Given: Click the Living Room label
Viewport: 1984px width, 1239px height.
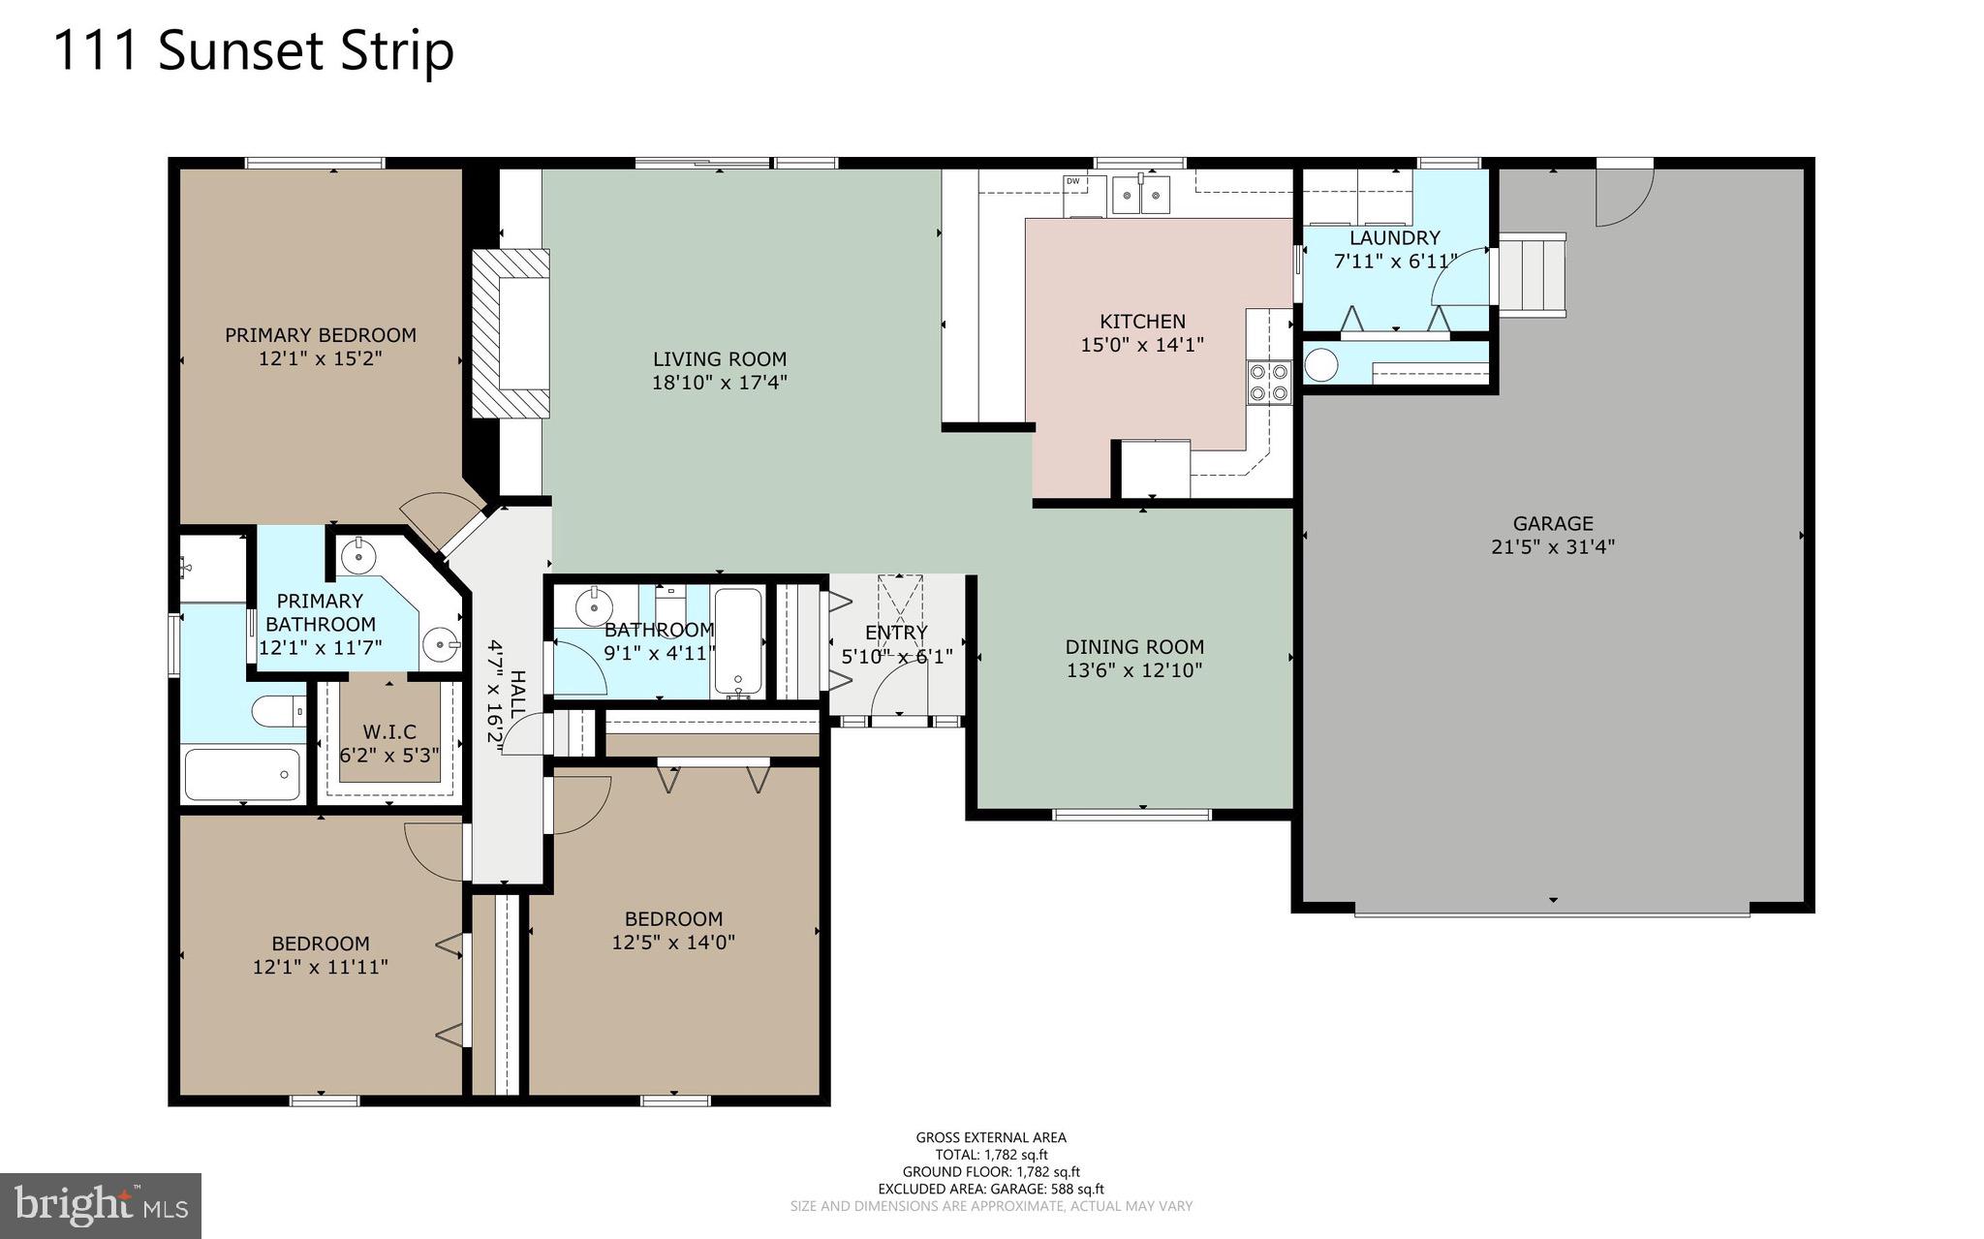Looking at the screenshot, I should point(719,359).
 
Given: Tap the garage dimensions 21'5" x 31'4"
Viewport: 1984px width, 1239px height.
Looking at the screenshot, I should point(1552,546).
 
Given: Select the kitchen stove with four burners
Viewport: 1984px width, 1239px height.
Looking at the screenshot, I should point(1269,381).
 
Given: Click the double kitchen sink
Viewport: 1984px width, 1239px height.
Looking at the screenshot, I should point(1140,195).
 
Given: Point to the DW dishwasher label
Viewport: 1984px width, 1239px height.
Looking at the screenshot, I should point(1072,181).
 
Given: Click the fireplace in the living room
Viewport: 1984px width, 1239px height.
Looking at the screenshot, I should point(511,333).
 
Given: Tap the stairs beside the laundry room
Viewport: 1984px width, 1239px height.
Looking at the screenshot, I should point(1533,274).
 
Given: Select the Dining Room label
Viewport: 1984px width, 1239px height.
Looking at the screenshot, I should point(1133,647).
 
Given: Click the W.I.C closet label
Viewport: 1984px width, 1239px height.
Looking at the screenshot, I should point(388,731).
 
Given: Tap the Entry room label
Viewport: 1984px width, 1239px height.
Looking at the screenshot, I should point(896,633).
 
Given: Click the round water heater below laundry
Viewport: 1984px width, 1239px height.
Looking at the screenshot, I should point(1321,365).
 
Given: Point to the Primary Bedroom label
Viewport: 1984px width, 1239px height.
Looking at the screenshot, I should point(320,335).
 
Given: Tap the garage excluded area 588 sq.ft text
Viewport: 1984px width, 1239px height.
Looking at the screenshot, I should point(990,1189).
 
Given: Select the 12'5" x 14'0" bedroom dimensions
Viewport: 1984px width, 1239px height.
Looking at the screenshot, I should point(673,942).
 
